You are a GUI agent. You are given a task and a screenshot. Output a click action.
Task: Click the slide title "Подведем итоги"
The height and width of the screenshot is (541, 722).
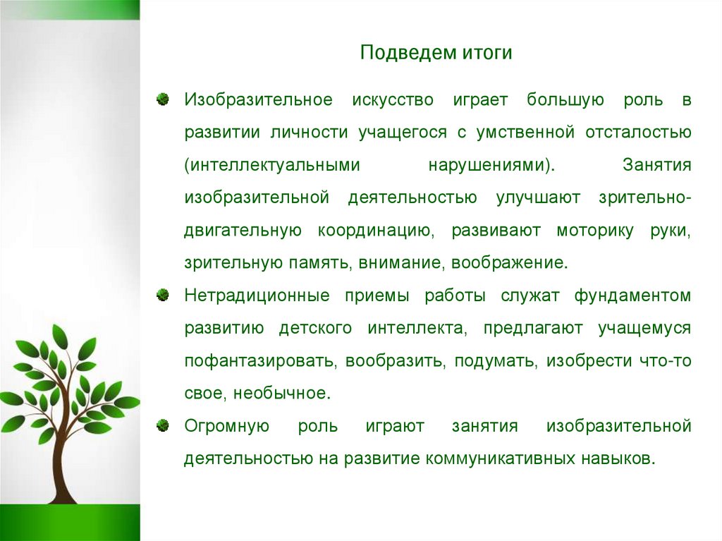click(436, 54)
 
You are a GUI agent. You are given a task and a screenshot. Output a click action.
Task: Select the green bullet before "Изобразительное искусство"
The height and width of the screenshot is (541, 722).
click(163, 99)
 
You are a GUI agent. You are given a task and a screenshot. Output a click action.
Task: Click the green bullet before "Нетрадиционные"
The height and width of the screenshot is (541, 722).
click(163, 294)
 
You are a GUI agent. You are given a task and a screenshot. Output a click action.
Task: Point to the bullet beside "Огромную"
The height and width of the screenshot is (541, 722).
click(163, 425)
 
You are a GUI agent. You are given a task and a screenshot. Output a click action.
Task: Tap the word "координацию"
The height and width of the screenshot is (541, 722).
click(373, 230)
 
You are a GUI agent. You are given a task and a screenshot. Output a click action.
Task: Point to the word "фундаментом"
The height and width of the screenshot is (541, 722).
click(632, 296)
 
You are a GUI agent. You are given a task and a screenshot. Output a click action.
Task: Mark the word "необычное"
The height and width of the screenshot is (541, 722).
click(294, 393)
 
